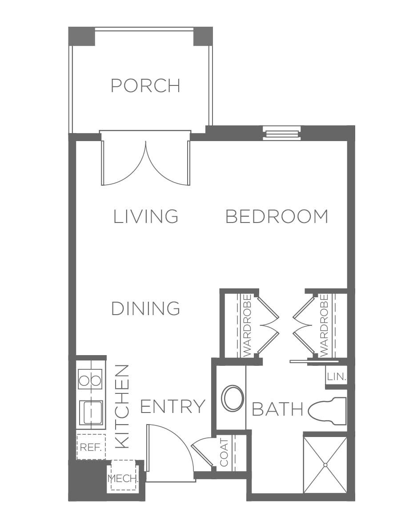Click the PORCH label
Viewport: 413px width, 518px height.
tap(145, 85)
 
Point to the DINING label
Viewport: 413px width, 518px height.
tap(145, 308)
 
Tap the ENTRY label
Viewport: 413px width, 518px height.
tap(172, 406)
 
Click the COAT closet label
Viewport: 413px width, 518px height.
tap(224, 452)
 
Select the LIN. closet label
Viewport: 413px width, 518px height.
tap(336, 376)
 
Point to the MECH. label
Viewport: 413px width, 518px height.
tap(122, 478)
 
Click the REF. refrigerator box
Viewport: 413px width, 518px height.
tap(91, 447)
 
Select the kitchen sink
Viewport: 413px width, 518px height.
tap(91, 413)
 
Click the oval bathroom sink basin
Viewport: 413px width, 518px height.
tap(233, 398)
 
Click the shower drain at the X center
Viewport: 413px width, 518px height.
tap(325, 465)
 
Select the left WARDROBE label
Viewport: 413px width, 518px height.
tap(247, 325)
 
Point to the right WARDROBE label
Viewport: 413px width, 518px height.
tap(325, 325)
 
